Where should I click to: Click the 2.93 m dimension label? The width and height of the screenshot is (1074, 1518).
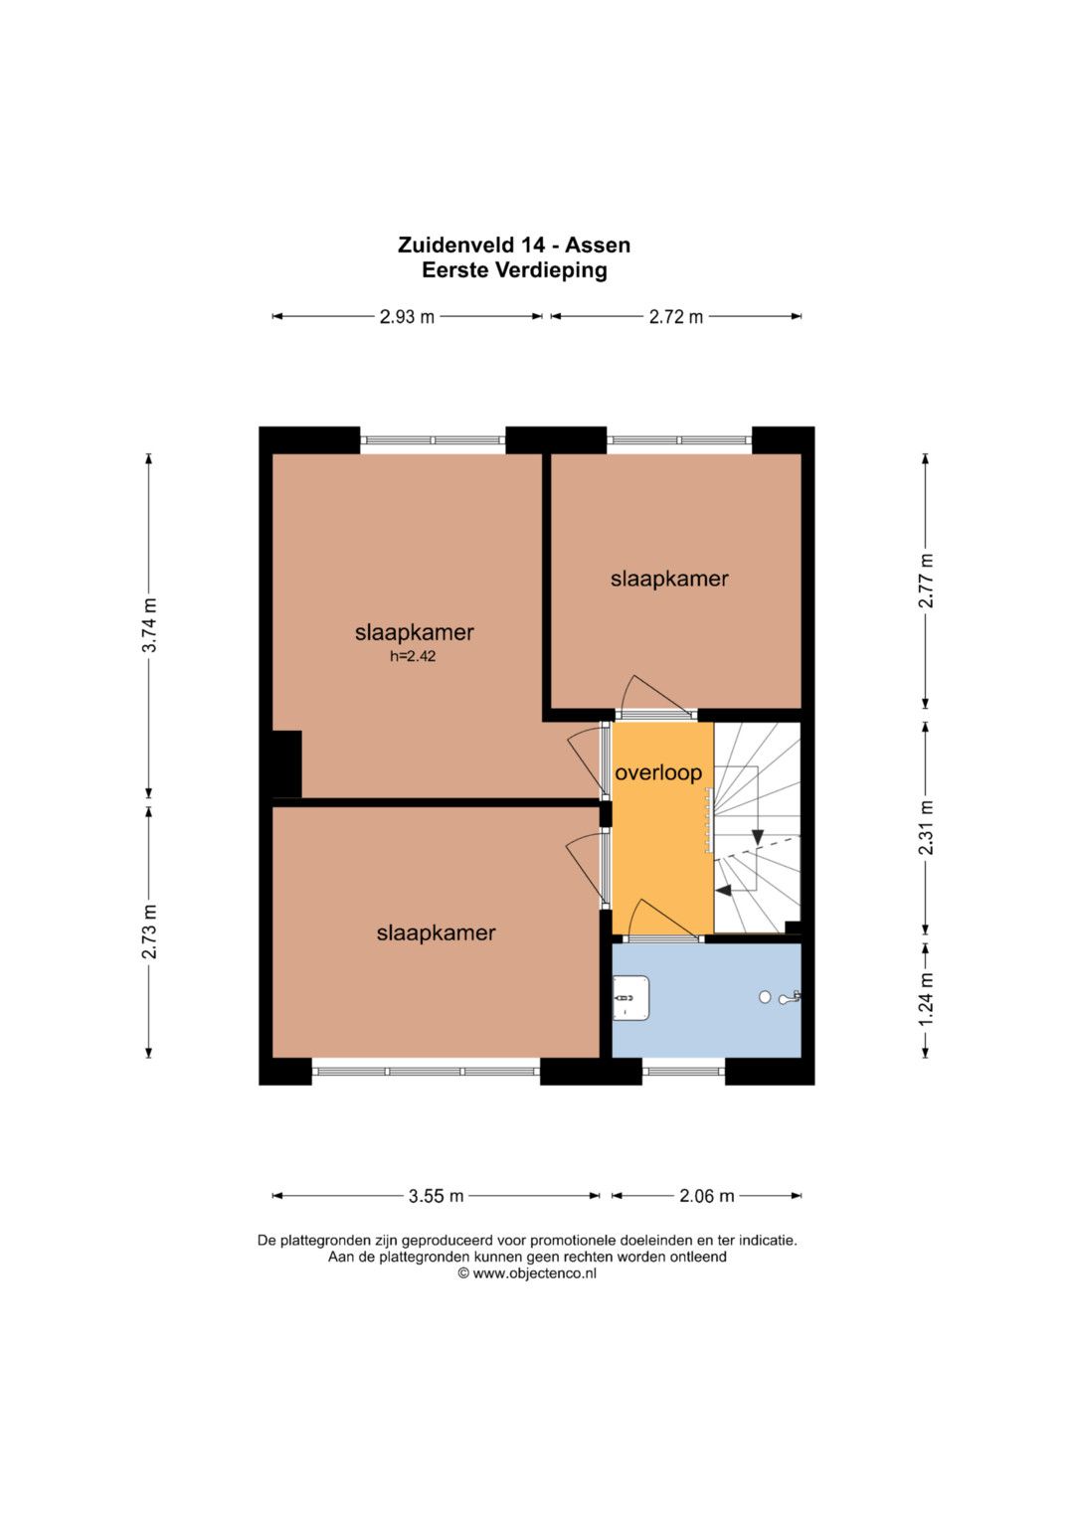pyautogui.click(x=407, y=316)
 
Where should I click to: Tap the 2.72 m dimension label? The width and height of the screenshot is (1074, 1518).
pyautogui.click(x=676, y=316)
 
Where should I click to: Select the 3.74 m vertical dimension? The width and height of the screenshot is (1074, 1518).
pyautogui.click(x=149, y=625)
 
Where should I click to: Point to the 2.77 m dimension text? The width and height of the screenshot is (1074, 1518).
pyautogui.click(x=926, y=581)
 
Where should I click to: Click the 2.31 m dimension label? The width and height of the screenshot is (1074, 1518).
pyautogui.click(x=926, y=827)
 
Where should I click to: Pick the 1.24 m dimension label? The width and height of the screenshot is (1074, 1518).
pyautogui.click(x=926, y=999)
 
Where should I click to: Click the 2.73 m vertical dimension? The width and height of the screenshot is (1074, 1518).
pyautogui.click(x=149, y=931)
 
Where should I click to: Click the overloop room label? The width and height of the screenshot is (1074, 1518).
pyautogui.click(x=658, y=773)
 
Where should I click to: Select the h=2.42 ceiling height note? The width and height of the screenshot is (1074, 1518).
pyautogui.click(x=413, y=656)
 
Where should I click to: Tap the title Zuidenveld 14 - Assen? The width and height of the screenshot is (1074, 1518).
pyautogui.click(x=514, y=245)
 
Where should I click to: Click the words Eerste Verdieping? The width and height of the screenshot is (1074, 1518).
pyautogui.click(x=514, y=270)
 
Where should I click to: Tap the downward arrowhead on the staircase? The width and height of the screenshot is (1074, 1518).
pyautogui.click(x=757, y=837)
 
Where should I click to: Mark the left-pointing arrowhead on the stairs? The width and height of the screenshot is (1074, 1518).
pyautogui.click(x=724, y=891)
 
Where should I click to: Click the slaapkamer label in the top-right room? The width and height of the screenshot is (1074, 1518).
pyautogui.click(x=669, y=579)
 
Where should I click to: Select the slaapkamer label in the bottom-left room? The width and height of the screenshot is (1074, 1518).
pyautogui.click(x=436, y=933)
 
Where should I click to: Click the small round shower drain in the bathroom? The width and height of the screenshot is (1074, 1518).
pyautogui.click(x=765, y=997)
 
